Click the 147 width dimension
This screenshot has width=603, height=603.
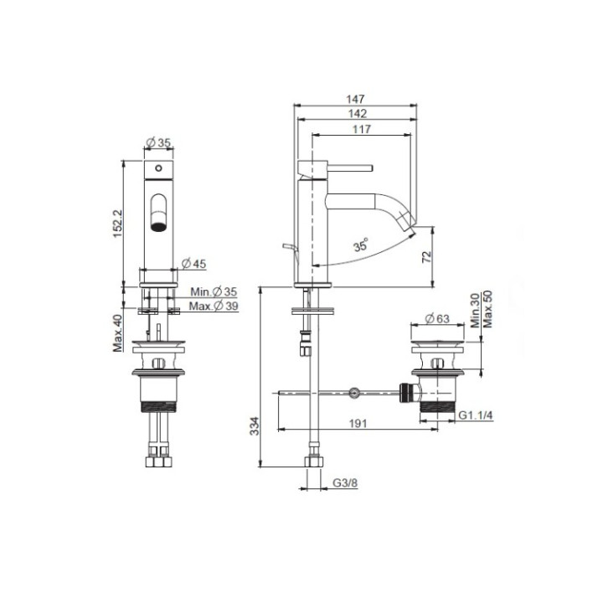[355, 99]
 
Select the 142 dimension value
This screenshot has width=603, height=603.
[358, 114]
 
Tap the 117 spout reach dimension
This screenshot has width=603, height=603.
[362, 129]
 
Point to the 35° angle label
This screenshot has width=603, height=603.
[361, 245]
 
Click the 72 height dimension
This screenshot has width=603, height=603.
[427, 257]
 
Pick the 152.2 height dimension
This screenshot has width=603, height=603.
[118, 224]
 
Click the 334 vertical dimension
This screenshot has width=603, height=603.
[255, 426]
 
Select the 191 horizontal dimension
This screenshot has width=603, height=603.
[358, 424]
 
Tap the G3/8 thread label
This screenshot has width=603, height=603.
[345, 483]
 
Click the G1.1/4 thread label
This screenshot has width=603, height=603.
[476, 415]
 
